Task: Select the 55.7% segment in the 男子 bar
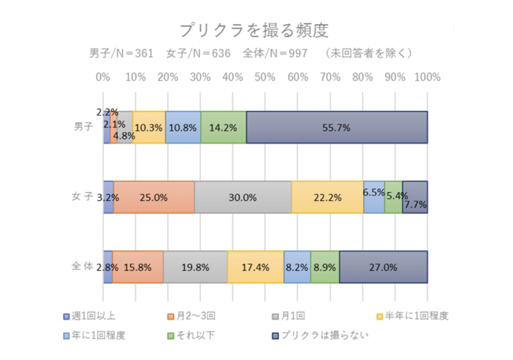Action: (x=336, y=127)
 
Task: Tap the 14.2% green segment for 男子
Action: (x=223, y=127)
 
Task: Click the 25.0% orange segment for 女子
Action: (x=154, y=197)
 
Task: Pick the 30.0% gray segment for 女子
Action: (x=243, y=197)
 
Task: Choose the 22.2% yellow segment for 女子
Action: (x=327, y=197)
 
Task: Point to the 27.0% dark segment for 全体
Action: (x=383, y=267)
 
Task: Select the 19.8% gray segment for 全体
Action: (x=195, y=267)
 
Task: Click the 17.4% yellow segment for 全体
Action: (x=255, y=267)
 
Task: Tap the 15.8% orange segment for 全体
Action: (x=138, y=267)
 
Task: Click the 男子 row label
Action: (x=84, y=127)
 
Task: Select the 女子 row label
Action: (x=83, y=197)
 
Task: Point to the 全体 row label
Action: (x=83, y=267)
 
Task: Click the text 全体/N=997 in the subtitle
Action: (x=275, y=54)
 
